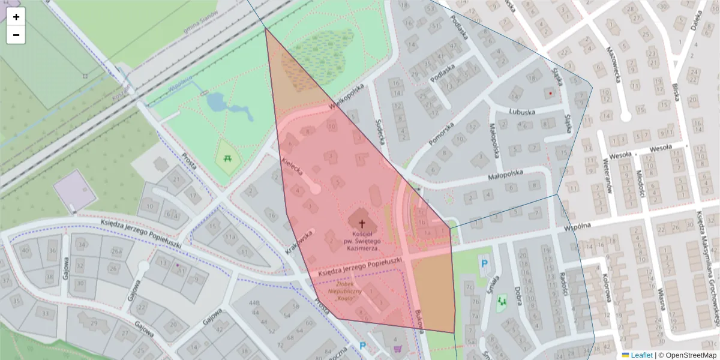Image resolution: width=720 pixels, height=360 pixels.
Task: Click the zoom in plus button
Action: coord(16,17)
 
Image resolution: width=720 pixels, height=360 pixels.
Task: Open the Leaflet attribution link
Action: coord(637,355)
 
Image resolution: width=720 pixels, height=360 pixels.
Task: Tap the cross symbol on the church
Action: coord(361,222)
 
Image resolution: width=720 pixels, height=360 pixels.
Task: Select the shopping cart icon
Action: coord(397,348)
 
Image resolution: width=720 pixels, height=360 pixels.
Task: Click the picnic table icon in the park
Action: coord(228,158)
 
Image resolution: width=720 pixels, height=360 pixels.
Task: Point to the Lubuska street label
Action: coord(521,112)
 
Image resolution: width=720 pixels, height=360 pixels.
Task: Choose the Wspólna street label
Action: coord(578,227)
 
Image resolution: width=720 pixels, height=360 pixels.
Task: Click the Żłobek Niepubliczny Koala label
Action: coord(348,291)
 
